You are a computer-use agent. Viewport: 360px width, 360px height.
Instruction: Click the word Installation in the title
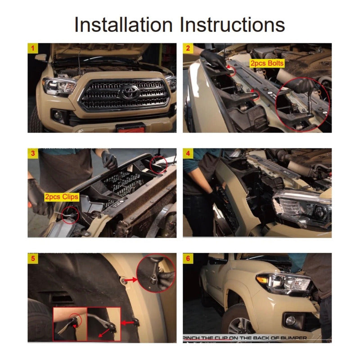(123, 25)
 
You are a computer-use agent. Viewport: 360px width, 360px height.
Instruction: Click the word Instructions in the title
(232, 25)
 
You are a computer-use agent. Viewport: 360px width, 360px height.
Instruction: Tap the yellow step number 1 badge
(32, 48)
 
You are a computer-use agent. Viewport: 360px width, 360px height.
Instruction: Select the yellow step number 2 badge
(188, 48)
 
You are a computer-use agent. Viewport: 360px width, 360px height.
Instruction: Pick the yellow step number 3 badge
(33, 153)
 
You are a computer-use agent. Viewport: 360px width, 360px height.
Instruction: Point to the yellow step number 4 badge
(188, 153)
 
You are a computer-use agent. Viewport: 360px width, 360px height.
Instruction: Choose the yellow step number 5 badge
(33, 258)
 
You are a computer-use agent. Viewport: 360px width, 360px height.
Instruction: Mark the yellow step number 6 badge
(188, 258)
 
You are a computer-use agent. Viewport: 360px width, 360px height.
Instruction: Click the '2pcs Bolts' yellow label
(267, 63)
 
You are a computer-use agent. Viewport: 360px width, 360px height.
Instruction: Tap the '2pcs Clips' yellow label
(62, 197)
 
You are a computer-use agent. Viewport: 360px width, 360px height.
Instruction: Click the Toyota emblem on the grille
(130, 92)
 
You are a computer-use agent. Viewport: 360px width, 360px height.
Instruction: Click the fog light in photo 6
(291, 320)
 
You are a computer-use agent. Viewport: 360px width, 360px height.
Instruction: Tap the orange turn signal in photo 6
(262, 279)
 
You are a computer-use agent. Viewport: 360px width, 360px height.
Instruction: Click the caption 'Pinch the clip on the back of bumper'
(245, 338)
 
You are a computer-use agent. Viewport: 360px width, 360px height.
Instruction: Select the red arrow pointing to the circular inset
(131, 280)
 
